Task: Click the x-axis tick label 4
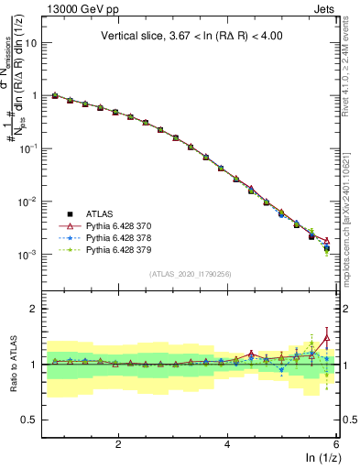point(227,443)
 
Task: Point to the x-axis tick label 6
point(335,443)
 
